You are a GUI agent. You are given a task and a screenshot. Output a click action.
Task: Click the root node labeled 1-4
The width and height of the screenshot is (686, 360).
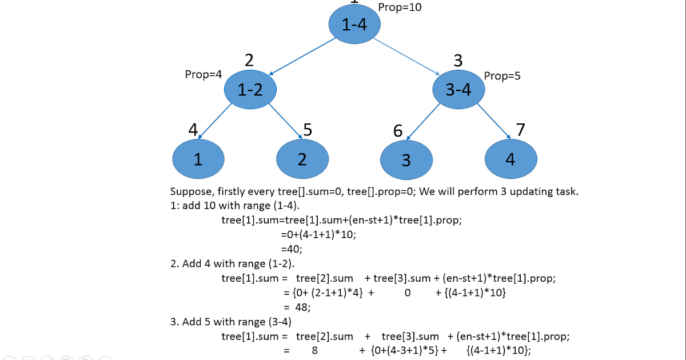[354, 24]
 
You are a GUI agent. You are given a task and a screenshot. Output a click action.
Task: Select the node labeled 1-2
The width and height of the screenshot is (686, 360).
[250, 89]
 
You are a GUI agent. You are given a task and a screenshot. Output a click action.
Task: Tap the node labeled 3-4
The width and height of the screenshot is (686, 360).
[458, 89]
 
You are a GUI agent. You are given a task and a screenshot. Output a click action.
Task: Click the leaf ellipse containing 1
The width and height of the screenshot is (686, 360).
[198, 159]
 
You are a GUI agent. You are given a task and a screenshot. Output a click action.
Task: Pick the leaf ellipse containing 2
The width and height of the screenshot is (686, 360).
[302, 159]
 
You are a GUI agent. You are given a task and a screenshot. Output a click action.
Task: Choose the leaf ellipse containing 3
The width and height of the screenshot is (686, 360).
[406, 160]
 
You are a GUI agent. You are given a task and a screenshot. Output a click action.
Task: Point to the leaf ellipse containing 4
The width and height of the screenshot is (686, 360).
[510, 159]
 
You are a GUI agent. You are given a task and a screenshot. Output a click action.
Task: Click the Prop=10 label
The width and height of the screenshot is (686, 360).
[400, 7]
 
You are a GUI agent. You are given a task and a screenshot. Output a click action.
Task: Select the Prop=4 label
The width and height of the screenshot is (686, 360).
[204, 75]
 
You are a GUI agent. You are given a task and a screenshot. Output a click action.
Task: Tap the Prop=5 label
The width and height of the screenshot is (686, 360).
[502, 76]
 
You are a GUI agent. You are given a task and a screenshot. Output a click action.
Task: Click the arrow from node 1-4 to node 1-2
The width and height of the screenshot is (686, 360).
[302, 57]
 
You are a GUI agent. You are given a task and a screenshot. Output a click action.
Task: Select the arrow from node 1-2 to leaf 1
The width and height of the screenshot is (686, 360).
[214, 122]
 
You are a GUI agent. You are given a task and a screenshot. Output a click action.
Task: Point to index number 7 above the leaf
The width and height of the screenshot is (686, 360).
[520, 130]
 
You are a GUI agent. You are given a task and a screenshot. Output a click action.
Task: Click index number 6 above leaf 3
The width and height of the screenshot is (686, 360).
[398, 131]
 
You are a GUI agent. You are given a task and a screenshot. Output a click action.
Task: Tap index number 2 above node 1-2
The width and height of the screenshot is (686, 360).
[249, 61]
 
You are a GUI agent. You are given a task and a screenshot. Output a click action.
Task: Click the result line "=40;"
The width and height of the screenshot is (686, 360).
[291, 249]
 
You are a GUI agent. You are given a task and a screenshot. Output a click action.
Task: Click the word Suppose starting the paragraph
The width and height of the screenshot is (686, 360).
[191, 191]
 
